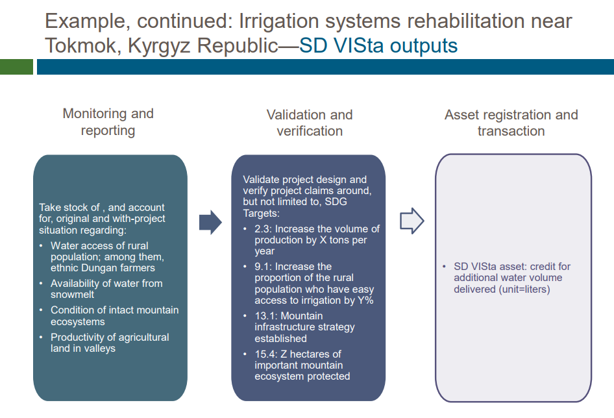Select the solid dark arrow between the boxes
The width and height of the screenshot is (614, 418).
210,221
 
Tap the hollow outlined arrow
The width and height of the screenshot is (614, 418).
411,221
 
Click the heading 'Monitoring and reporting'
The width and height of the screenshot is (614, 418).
108,122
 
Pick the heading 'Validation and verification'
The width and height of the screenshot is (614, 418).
310,123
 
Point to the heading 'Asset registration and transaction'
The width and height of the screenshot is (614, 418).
511,123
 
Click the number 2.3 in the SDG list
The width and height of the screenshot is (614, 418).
262,228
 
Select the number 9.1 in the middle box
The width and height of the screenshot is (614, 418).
262,267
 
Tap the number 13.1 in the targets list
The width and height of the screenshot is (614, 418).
265,316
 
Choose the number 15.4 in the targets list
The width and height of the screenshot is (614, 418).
265,354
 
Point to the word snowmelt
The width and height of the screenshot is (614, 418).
73,295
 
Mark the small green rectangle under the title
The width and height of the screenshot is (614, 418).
16,67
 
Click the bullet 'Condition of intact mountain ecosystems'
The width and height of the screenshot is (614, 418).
114,316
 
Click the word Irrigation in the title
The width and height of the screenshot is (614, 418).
279,21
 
